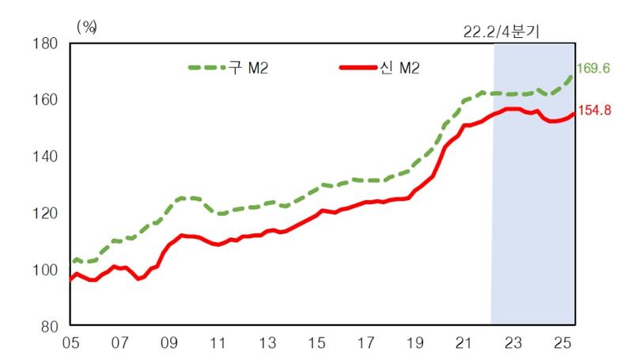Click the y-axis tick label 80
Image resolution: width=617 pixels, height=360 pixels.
coord(48,326)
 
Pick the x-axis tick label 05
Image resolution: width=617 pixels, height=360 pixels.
coord(70,345)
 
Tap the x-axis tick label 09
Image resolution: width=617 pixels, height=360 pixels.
coord(169,345)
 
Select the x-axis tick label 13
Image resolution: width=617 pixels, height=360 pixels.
coord(268,345)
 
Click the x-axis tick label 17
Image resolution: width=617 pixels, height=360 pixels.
coord(367,345)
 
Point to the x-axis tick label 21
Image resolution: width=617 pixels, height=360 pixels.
coord(466,345)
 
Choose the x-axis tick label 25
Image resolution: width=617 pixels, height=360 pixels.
coord(564,345)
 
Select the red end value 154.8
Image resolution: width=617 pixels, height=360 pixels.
coord(594,111)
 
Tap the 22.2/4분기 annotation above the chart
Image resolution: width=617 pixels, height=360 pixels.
coord(504,32)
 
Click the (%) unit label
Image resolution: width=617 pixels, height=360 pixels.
coord(86,26)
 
